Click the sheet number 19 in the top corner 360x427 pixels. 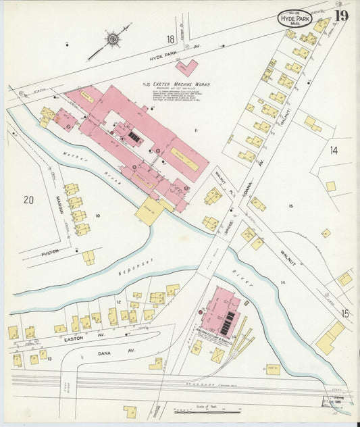point(342,15)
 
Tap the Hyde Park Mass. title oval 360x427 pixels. point(294,19)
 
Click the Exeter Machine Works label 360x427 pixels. point(180,84)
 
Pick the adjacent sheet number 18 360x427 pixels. point(171,40)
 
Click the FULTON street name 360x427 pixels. point(49,251)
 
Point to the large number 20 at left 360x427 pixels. point(28,199)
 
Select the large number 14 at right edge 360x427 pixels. point(333,151)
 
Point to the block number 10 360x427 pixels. point(97,216)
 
